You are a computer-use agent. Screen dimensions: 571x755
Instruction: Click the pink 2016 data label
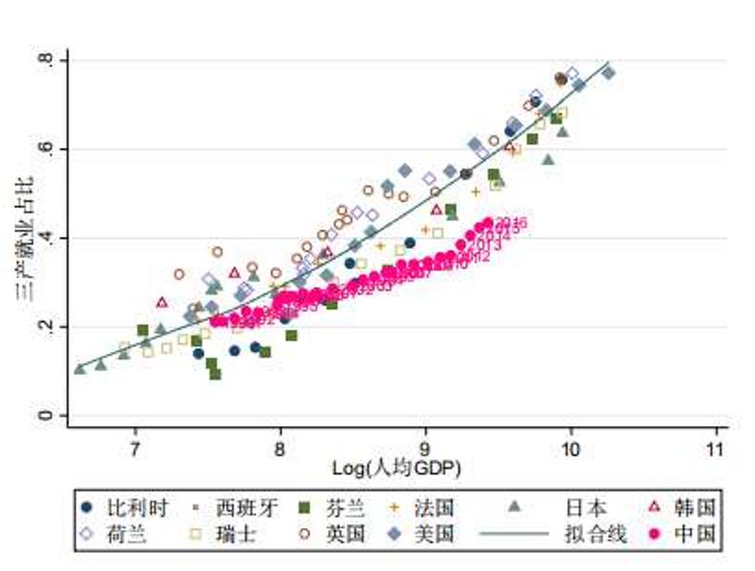tap(511, 223)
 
